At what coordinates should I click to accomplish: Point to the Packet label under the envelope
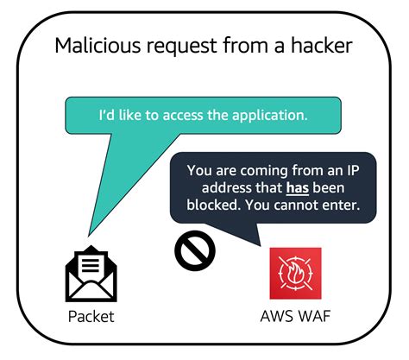coord(91,317)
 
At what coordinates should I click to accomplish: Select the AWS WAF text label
coord(296,317)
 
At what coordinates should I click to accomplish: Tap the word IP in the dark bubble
coord(356,170)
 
